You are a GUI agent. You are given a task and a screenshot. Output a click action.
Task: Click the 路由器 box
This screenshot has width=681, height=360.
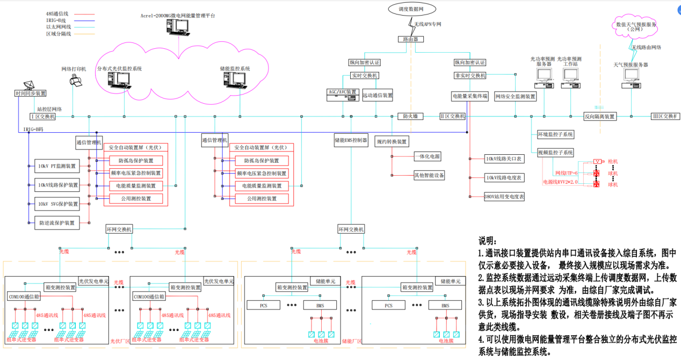[410, 39]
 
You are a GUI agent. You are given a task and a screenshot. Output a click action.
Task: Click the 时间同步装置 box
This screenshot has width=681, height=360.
[31, 93]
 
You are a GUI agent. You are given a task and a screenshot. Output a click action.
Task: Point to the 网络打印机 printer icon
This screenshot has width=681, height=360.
[76, 81]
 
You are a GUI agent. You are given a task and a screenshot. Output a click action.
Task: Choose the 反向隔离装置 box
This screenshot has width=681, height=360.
[600, 116]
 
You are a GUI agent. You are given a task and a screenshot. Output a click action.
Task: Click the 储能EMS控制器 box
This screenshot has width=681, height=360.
[351, 141]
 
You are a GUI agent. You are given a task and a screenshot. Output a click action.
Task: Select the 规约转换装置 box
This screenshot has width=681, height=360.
[392, 141]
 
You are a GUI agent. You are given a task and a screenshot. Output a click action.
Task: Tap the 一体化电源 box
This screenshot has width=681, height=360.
[428, 156]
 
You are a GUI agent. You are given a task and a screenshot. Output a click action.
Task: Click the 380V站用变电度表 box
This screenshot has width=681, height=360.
[504, 197]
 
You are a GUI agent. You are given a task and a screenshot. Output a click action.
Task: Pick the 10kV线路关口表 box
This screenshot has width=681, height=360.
[504, 159]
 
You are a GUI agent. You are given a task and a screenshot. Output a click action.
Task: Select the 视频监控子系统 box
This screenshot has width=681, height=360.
[555, 152]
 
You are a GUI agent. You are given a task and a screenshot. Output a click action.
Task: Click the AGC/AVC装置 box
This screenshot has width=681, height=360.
[342, 92]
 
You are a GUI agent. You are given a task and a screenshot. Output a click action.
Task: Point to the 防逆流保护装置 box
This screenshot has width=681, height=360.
[57, 222]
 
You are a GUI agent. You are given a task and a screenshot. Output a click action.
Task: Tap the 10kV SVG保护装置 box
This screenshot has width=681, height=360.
[57, 204]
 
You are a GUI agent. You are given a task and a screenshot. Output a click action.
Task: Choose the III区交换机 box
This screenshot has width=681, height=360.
[664, 116]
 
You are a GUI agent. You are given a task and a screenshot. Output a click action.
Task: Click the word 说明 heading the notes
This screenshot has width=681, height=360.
[489, 241]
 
